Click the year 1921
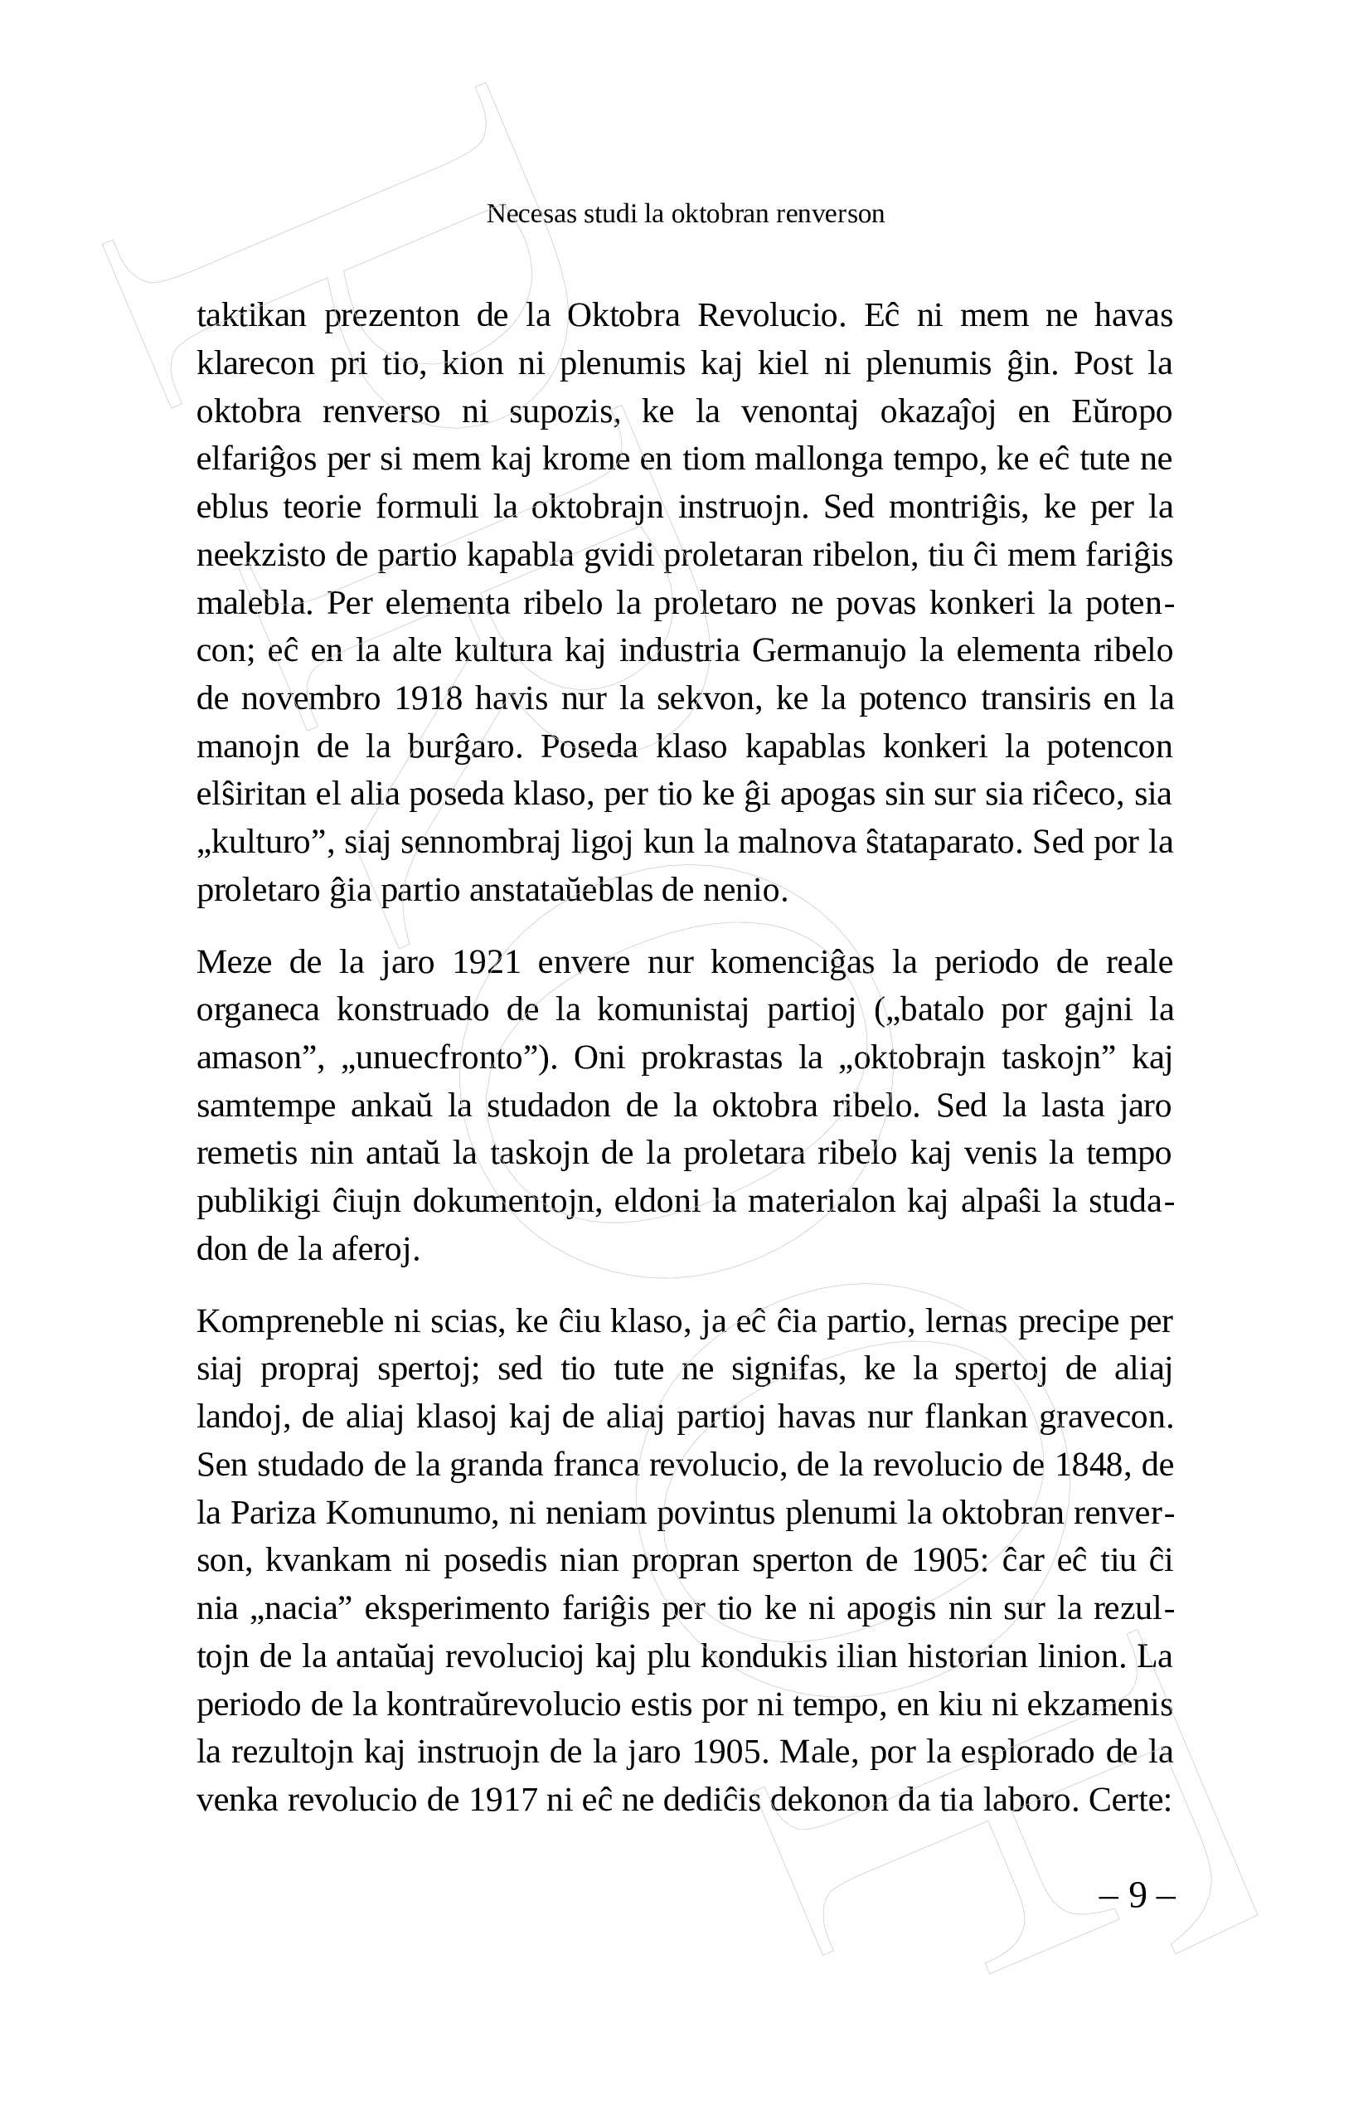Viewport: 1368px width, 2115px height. click(x=486, y=962)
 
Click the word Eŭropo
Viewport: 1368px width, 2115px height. click(x=1121, y=412)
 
